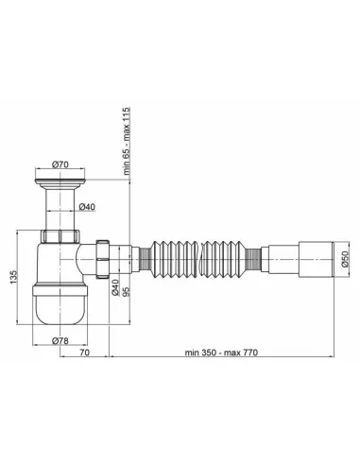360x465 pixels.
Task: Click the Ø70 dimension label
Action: (60, 164)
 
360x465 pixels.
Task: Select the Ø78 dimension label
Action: (60, 340)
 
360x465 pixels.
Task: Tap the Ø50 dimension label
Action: (345, 259)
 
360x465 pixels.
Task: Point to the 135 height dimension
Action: (14, 277)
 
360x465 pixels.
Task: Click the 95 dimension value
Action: (126, 291)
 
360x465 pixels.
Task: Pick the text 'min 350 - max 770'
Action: (221, 353)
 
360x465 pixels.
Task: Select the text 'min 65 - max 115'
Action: (127, 141)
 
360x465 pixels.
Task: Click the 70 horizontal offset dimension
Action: (84, 353)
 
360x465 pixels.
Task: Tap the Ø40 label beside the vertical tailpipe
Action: (87, 207)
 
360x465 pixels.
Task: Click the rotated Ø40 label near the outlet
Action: (115, 287)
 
